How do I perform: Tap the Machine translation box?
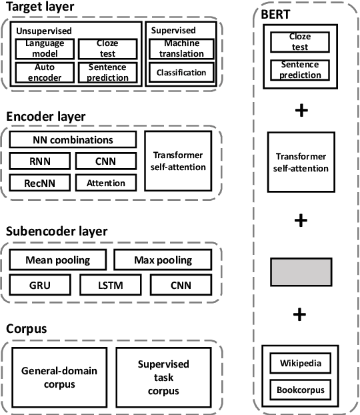pyautogui.click(x=181, y=48)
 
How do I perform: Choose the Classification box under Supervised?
pyautogui.click(x=181, y=72)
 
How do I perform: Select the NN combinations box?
pyautogui.click(x=73, y=140)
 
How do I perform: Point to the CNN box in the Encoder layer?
pyautogui.click(x=106, y=161)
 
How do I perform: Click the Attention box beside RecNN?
pyautogui.click(x=106, y=182)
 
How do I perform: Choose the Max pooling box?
pyautogui.click(x=163, y=260)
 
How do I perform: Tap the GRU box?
pyautogui.click(x=39, y=286)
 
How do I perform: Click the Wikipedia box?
pyautogui.click(x=301, y=364)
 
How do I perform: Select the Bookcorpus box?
pyautogui.click(x=301, y=389)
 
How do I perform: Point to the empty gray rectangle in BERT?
pyautogui.click(x=301, y=272)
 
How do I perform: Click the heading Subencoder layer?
pyautogui.click(x=57, y=232)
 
